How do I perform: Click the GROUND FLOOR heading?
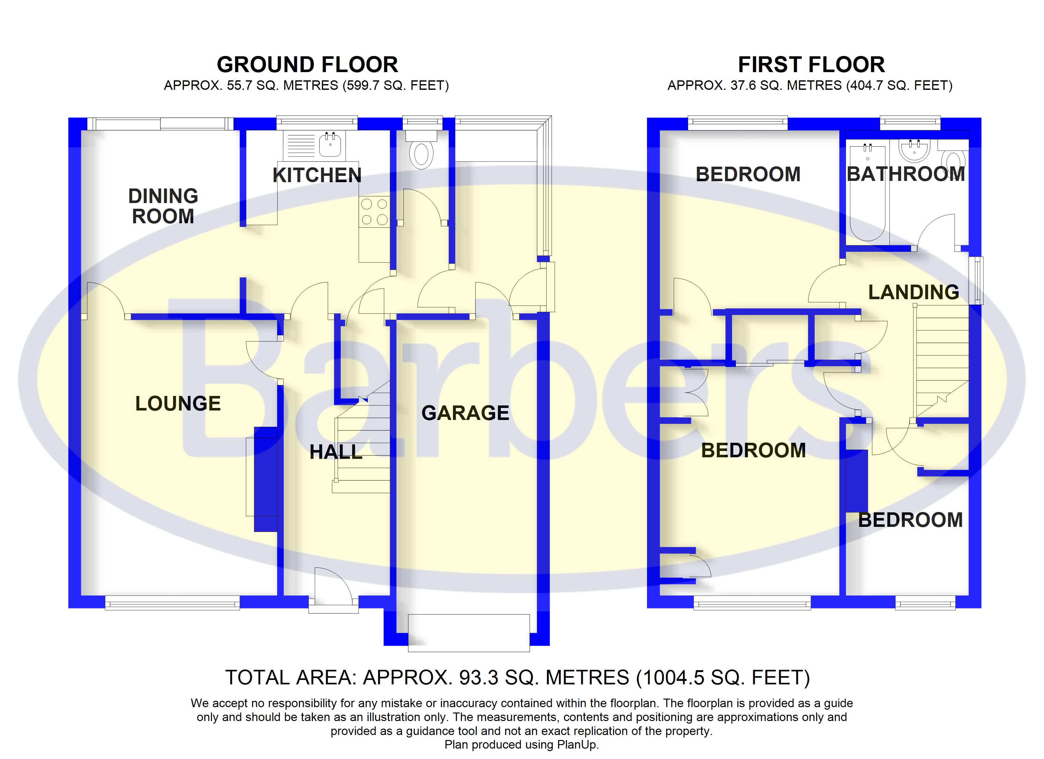307,65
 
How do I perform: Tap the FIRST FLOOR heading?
811,65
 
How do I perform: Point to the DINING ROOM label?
163,206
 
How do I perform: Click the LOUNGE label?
178,404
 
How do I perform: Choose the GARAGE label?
465,413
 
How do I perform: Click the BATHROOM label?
905,174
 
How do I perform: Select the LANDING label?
913,292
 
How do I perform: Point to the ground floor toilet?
421,154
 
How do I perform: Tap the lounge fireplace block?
266,479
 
